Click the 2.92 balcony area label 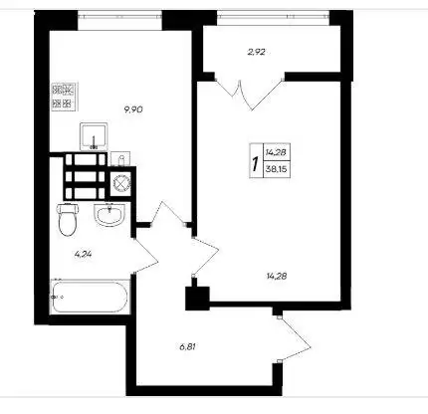tap(256, 52)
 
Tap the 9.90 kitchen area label tap(133, 109)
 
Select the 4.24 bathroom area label tap(83, 255)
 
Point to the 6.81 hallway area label tap(187, 347)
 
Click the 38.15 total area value tap(276, 170)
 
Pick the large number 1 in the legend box tap(255, 163)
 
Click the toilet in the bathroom tap(68, 219)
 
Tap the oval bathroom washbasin tap(109, 215)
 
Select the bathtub tap(90, 297)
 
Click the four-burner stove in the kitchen tap(65, 97)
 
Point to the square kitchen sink tap(94, 136)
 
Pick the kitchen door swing tap(170, 214)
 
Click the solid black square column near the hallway tap(197, 299)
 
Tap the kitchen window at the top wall tap(119, 16)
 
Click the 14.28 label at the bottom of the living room tap(277, 276)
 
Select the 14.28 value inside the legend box tap(276, 152)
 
